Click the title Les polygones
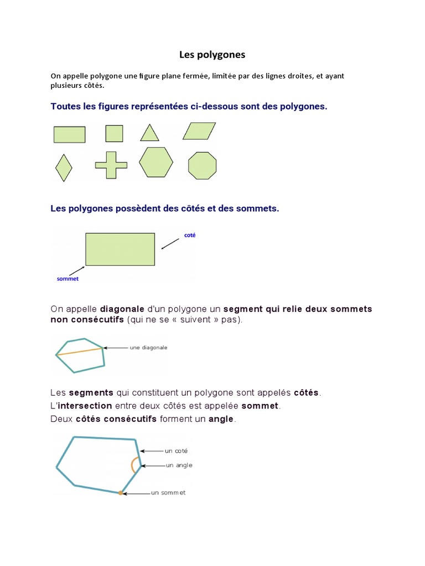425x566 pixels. tap(212, 55)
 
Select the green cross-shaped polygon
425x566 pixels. tap(111, 165)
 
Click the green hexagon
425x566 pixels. tap(156, 163)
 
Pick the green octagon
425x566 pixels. tap(203, 165)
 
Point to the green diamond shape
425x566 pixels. tap(64, 167)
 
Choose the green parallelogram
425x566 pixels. tap(200, 131)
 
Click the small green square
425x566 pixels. tap(114, 134)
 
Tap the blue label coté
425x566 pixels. tap(190, 235)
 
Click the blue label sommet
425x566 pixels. tap(68, 279)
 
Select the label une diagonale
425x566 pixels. tap(148, 348)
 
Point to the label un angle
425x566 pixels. tap(179, 465)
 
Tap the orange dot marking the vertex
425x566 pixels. tap(120, 492)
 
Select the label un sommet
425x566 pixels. tap(168, 492)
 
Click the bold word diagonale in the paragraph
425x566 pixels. tap(121, 309)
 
